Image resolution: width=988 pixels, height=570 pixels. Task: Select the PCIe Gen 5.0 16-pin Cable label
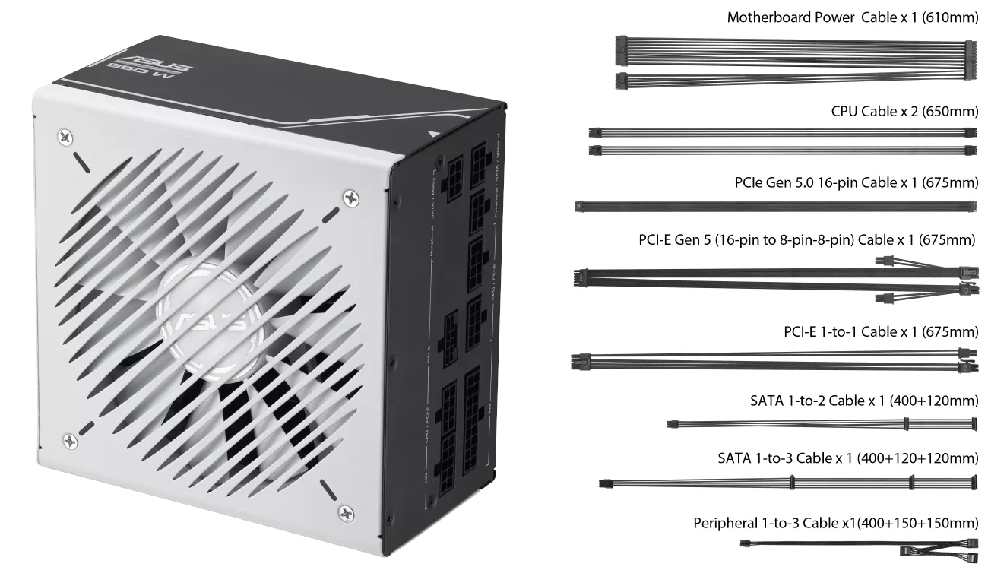[856, 183]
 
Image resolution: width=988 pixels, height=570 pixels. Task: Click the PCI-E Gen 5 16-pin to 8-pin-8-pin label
[806, 241]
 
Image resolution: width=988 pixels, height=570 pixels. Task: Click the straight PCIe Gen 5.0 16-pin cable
[775, 206]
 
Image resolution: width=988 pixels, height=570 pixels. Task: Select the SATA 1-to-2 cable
[821, 423]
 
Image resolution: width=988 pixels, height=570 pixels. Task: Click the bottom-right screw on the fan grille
[346, 511]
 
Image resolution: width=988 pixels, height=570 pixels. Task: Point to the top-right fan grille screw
[351, 198]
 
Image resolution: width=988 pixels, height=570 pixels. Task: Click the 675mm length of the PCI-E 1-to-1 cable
[950, 332]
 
